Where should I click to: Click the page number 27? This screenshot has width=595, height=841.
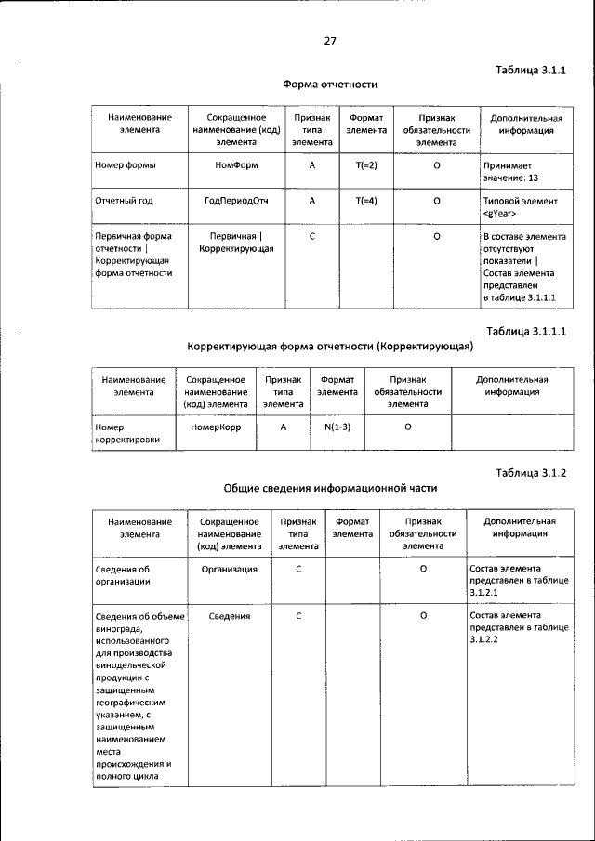(330, 41)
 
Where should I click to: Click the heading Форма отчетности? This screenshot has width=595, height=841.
(330, 85)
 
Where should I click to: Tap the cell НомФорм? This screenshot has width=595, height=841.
(236, 164)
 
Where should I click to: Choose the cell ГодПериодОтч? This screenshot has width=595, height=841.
(236, 200)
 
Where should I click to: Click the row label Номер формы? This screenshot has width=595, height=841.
(126, 164)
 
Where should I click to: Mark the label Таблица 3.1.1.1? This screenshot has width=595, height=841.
(526, 331)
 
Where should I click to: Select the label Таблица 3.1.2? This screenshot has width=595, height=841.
(531, 472)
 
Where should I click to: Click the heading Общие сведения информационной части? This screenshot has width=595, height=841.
(330, 487)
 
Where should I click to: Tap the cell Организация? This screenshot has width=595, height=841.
(230, 568)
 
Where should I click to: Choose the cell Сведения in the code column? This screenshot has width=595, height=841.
(230, 615)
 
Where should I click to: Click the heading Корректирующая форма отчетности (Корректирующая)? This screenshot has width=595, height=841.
(330, 346)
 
